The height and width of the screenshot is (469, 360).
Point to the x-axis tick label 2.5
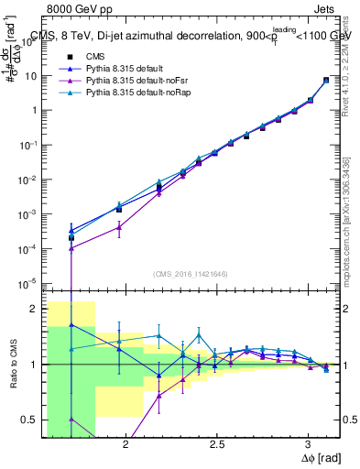tap(216, 444)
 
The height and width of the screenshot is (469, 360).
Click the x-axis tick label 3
tap(309, 444)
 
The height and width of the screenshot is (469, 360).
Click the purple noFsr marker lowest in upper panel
tap(71, 248)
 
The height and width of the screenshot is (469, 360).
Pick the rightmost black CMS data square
tap(326, 81)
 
